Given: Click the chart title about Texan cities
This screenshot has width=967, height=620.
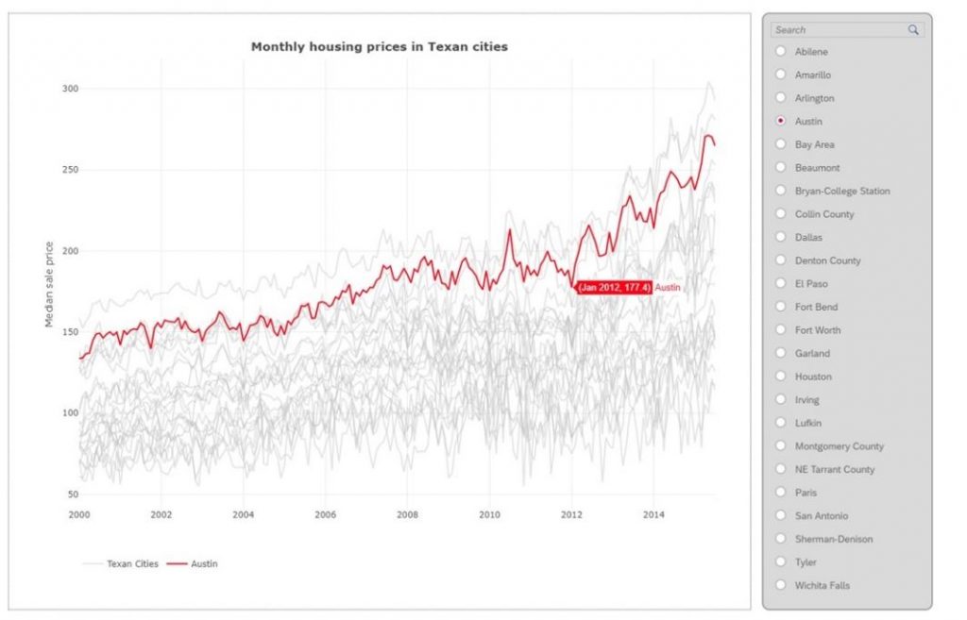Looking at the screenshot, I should pyautogui.click(x=379, y=46).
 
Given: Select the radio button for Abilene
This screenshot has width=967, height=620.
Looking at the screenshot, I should pyautogui.click(x=780, y=51).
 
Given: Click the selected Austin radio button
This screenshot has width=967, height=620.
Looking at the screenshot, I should pyautogui.click(x=780, y=121).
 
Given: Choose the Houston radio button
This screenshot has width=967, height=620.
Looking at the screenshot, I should pyautogui.click(x=780, y=376).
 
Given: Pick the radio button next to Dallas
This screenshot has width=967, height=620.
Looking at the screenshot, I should pyautogui.click(x=780, y=237).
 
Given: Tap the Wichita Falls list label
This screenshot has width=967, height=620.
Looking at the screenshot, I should pyautogui.click(x=822, y=585).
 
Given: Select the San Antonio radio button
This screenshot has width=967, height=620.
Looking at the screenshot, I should pyautogui.click(x=780, y=515).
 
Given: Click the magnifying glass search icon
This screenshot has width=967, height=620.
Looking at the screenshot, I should pyautogui.click(x=913, y=30).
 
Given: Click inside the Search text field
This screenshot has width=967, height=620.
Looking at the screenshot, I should pyautogui.click(x=836, y=30).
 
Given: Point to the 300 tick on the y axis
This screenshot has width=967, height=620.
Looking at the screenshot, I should pyautogui.click(x=70, y=89).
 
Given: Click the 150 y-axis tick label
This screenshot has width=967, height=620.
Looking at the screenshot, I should pyautogui.click(x=70, y=332).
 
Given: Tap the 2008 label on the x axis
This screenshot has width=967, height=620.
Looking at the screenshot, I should pyautogui.click(x=407, y=514).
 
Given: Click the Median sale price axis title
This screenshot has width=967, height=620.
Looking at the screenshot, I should pyautogui.click(x=49, y=284).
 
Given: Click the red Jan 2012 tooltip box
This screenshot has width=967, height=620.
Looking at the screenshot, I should pyautogui.click(x=614, y=287).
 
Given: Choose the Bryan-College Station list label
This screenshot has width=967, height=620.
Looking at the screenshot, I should pyautogui.click(x=842, y=191).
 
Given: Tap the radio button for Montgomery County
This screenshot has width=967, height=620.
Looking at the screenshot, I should pyautogui.click(x=780, y=445).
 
